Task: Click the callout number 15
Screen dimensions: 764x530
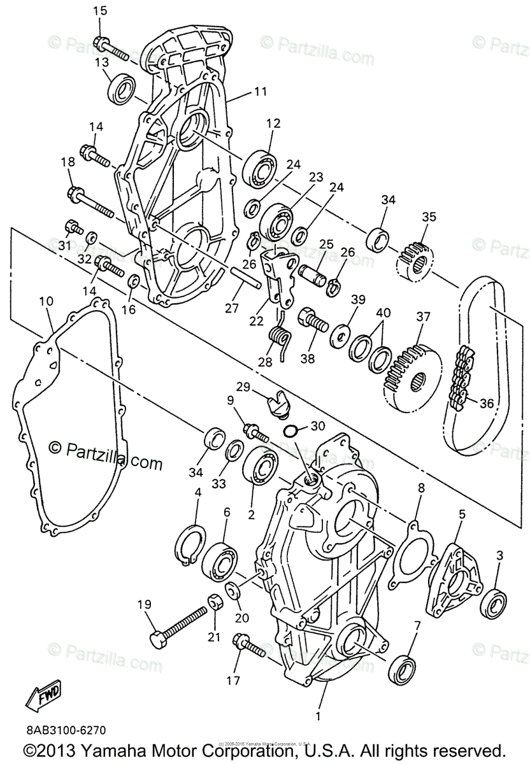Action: [x=101, y=11]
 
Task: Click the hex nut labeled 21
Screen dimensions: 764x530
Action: [x=215, y=600]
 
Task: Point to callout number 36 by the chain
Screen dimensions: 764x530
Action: [x=487, y=402]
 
